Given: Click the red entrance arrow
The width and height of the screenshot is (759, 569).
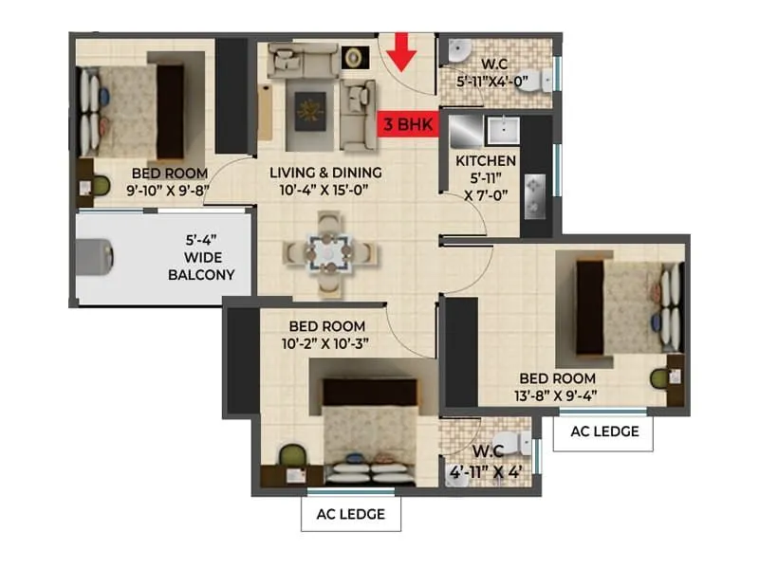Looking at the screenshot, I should (402, 51).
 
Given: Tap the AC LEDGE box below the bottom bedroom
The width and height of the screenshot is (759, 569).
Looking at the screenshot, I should (350, 514).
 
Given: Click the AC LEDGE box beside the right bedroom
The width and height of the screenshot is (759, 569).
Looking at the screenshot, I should (603, 432).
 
